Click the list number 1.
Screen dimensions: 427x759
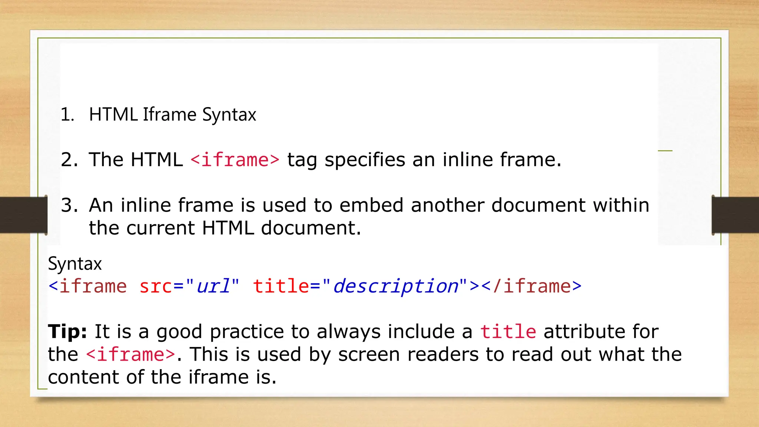point(67,115)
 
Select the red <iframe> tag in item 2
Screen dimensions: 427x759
point(235,160)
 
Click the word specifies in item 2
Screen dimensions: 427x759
point(365,160)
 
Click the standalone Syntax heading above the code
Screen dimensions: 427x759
point(75,264)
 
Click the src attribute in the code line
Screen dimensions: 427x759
point(156,286)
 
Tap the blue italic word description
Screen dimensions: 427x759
point(395,286)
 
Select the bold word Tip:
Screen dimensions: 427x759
point(67,331)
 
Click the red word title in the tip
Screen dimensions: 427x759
point(508,331)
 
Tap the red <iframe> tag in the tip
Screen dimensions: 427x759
point(130,354)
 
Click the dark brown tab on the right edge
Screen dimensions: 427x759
point(735,215)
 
